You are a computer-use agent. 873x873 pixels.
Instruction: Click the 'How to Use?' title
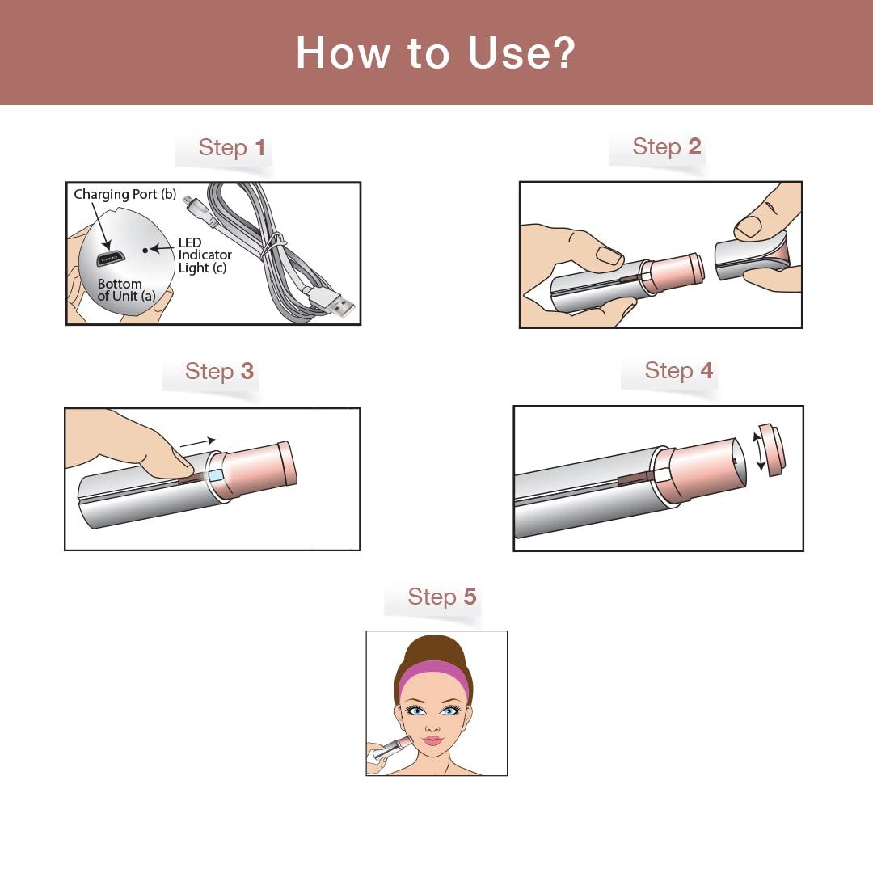[436, 53]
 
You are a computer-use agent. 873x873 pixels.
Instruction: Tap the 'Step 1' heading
[232, 148]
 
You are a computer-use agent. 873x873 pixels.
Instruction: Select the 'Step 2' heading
[666, 147]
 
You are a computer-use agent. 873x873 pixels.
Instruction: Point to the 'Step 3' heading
[219, 372]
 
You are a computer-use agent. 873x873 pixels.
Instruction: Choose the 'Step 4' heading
[678, 371]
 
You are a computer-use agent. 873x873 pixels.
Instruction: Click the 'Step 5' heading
[441, 597]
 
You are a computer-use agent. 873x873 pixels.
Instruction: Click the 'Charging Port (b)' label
[124, 195]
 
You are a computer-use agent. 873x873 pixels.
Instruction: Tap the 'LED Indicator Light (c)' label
[205, 255]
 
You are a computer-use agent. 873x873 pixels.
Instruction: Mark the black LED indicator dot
[145, 251]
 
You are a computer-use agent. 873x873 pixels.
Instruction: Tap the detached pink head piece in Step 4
[773, 449]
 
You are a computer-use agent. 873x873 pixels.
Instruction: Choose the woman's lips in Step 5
[432, 740]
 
